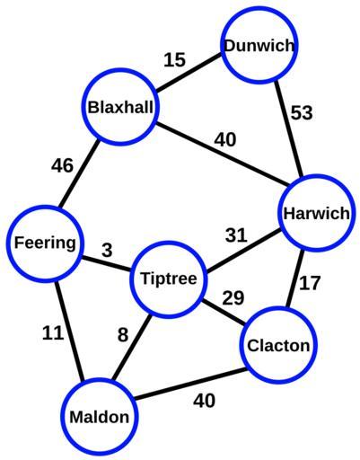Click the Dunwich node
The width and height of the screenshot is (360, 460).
(x=259, y=45)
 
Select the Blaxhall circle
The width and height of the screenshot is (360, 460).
(x=120, y=107)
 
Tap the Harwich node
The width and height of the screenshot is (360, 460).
(x=316, y=213)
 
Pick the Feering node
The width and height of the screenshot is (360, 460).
(x=45, y=243)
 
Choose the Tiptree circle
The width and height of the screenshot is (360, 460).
(x=169, y=279)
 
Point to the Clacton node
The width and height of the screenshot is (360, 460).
(x=278, y=345)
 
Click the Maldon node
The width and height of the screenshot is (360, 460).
(x=100, y=417)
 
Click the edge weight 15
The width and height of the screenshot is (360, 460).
(x=175, y=59)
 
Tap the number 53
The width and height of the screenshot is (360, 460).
(x=302, y=113)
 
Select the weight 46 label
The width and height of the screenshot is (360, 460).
(x=62, y=165)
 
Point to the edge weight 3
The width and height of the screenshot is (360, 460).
(x=107, y=251)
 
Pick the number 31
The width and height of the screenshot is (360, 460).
(x=236, y=235)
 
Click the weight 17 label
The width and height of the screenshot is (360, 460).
(x=310, y=283)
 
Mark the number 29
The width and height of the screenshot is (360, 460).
(x=233, y=298)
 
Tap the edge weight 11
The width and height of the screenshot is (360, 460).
(x=53, y=332)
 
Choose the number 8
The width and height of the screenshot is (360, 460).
(x=123, y=334)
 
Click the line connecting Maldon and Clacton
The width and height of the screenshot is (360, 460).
(x=191, y=384)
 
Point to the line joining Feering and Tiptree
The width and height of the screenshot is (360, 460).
(x=107, y=263)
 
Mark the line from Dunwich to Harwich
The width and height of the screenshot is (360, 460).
(x=289, y=128)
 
